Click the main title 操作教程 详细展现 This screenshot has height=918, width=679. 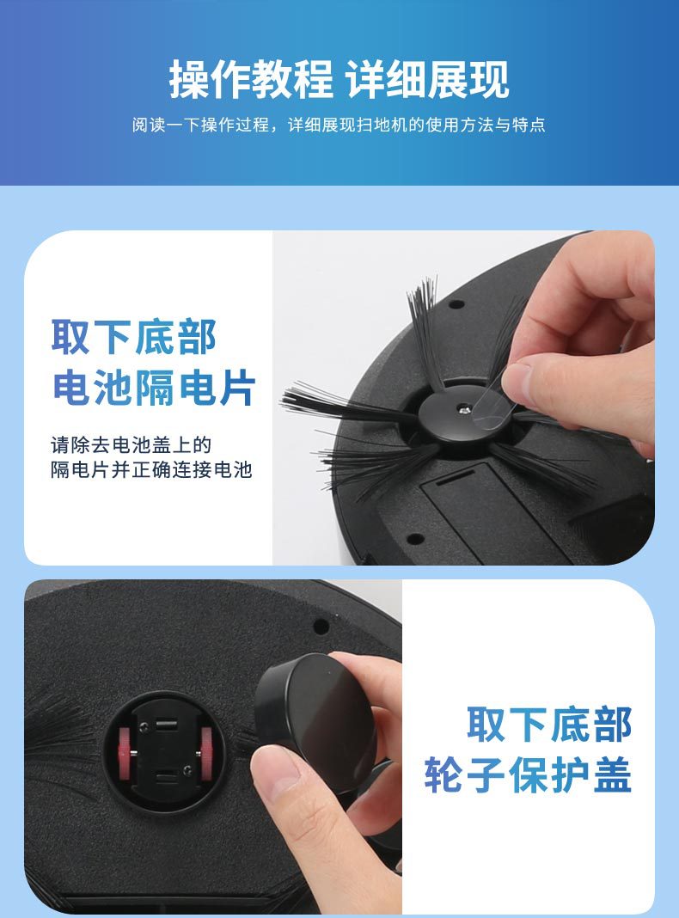[339, 80]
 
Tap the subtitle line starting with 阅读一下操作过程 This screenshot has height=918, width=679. [339, 125]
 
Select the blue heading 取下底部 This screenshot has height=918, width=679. [133, 336]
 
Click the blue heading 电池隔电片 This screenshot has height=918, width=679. [154, 388]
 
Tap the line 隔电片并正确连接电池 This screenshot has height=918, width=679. [151, 470]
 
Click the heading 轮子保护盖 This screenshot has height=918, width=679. [528, 774]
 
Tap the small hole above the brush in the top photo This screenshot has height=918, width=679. [457, 304]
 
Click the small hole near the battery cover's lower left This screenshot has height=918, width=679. [415, 539]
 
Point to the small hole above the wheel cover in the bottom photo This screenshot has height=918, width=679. [321, 626]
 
